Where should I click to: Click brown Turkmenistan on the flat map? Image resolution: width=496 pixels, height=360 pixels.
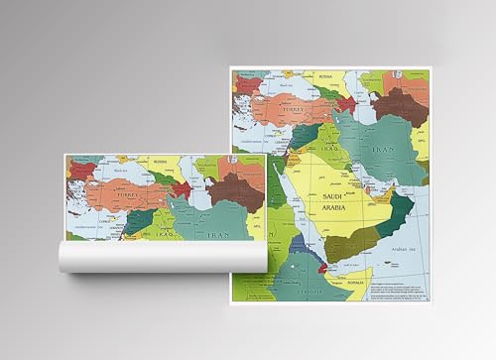coord(400,104)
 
